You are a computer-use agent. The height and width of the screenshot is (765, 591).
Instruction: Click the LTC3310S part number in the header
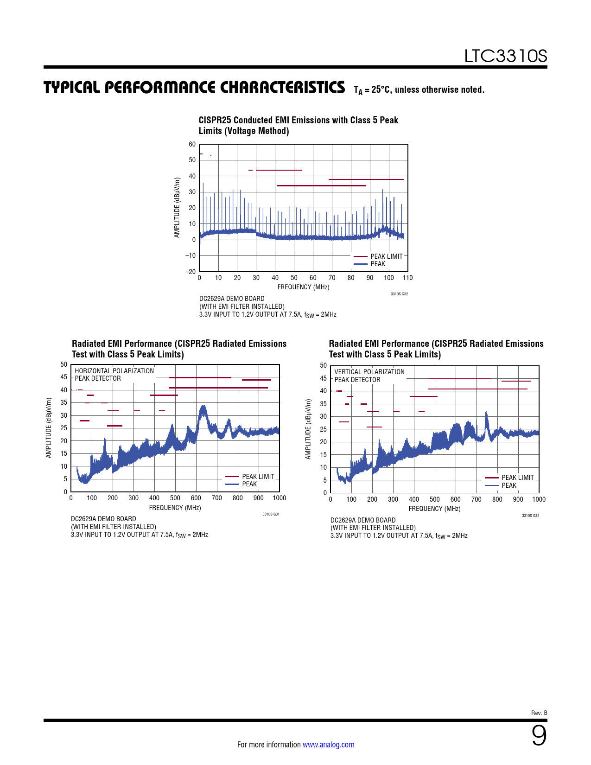point(505,56)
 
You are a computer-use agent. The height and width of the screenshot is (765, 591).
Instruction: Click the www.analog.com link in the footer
point(328,745)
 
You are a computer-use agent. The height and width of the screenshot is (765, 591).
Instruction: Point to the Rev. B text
point(539,713)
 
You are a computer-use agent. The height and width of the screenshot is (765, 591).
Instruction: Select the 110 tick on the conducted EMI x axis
point(407,278)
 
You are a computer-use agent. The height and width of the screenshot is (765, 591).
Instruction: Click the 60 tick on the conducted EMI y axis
point(192,144)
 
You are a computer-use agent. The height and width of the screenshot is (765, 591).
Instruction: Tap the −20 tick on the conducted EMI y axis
point(191,271)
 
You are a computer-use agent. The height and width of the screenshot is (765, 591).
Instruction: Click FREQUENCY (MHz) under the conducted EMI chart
point(303,287)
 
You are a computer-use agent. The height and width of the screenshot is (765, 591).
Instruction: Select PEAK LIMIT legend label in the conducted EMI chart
point(386,256)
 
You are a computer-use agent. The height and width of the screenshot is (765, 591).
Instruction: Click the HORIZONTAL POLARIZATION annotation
point(114,371)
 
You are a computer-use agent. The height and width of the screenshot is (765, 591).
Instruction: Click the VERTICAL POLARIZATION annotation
point(369,372)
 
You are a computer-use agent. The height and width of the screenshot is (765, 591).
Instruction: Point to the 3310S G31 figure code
point(271,514)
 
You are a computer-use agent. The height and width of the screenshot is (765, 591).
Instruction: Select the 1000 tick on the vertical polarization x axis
point(539,499)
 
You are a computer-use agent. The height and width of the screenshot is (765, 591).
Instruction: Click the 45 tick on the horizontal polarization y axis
point(64,377)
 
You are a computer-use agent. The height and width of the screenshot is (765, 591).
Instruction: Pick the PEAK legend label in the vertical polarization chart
point(508,485)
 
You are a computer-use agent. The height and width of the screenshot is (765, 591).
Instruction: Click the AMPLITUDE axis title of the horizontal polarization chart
point(49,427)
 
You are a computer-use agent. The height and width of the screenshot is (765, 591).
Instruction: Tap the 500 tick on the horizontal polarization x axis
point(175,498)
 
